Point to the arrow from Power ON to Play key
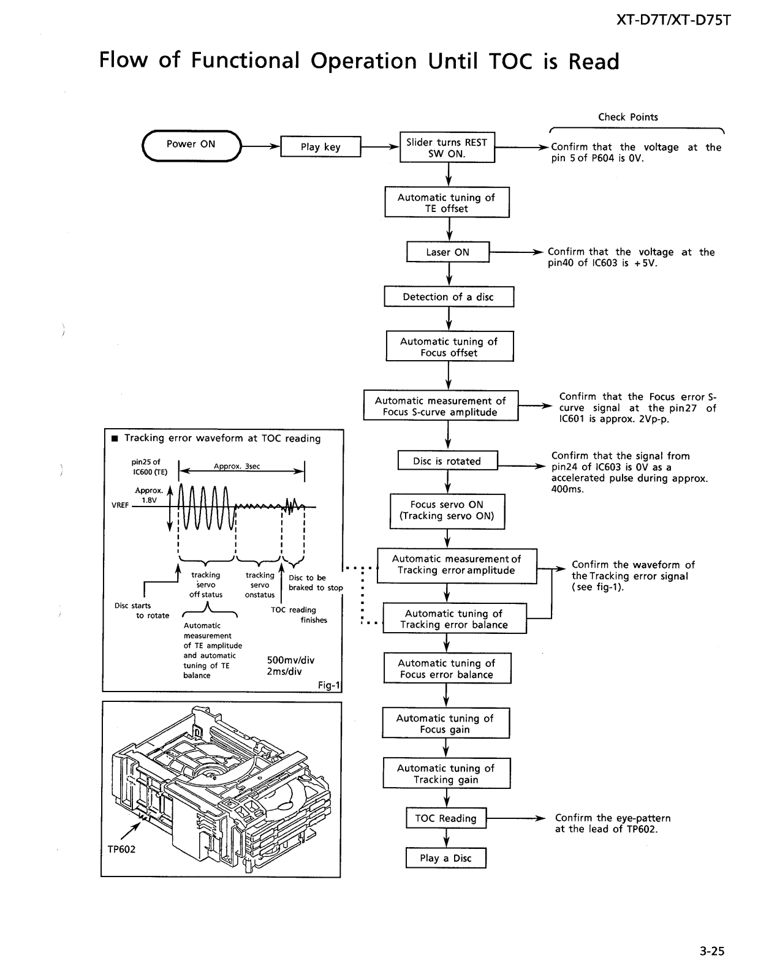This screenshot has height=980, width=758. pos(261,146)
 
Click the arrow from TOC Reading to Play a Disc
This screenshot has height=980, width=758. pos(446,838)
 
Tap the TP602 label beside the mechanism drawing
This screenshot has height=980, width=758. pos(121,850)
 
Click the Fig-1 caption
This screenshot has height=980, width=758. pos(328,685)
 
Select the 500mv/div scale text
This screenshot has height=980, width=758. pos(290,660)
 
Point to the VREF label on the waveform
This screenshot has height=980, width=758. pos(120,505)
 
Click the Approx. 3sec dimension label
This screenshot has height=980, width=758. pos(237,466)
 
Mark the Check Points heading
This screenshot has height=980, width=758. pos(628,117)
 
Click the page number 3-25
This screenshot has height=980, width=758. pos(712,951)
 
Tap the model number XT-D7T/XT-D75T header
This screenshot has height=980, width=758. pos(673,20)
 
